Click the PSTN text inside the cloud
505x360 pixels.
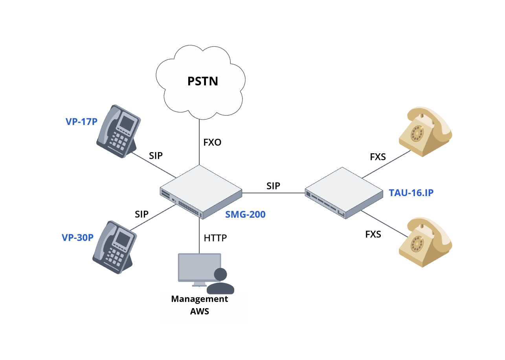[x=202, y=81]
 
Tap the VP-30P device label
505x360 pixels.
[x=78, y=238]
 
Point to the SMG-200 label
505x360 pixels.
[x=245, y=215]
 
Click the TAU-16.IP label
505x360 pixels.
[x=411, y=193]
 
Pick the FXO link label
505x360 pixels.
[x=212, y=143]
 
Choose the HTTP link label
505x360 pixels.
[x=215, y=238]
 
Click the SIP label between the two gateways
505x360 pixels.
[x=273, y=186]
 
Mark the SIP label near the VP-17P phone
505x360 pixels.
[x=156, y=155]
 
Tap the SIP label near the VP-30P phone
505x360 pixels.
[x=141, y=215]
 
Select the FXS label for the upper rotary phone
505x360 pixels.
[x=378, y=157]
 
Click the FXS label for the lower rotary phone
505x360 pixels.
[x=373, y=235]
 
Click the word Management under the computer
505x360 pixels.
[x=200, y=299]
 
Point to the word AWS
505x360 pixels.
[x=200, y=312]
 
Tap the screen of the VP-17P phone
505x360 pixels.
[x=127, y=123]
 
